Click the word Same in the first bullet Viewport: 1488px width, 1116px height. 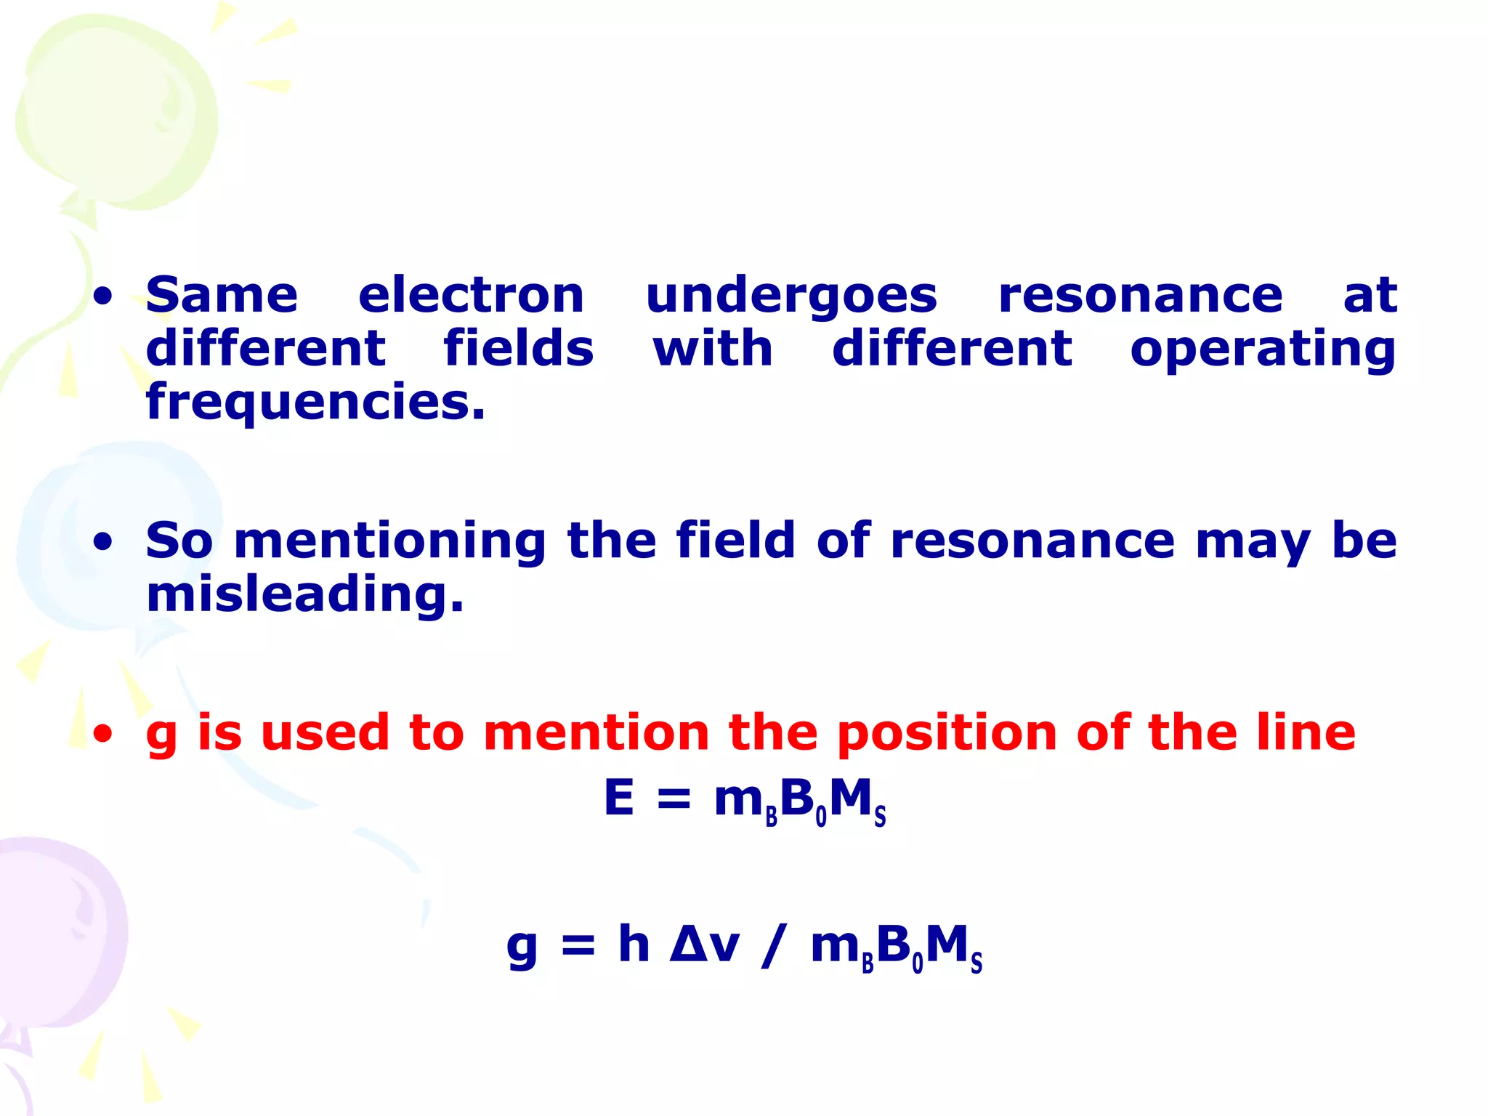tap(222, 296)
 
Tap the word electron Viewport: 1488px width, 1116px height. tap(471, 296)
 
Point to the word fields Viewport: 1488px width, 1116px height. tap(519, 348)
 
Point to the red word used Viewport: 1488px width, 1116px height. tap(325, 732)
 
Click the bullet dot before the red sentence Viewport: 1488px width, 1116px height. tap(103, 734)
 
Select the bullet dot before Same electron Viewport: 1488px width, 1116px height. tap(103, 296)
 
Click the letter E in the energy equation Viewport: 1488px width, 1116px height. tap(619, 798)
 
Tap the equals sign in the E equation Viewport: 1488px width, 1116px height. tap(674, 799)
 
